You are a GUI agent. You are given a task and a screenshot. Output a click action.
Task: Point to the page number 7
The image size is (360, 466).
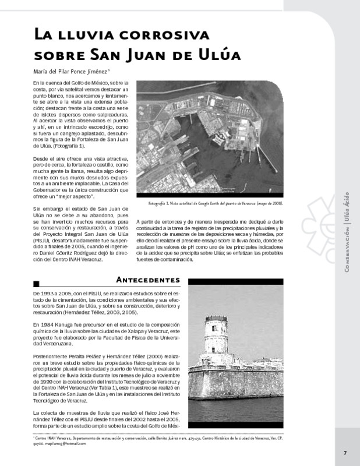pyautogui.click(x=345, y=454)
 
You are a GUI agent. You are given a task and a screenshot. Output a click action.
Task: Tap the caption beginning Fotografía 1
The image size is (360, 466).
pyautogui.click(x=216, y=204)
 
